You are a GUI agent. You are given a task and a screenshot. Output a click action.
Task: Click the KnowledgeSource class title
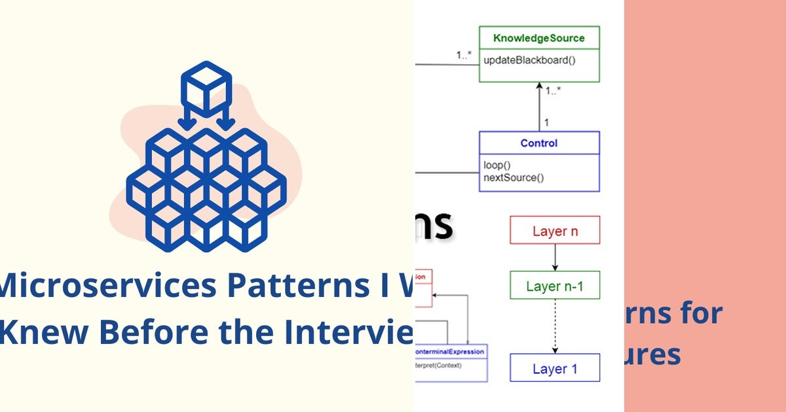tap(539, 38)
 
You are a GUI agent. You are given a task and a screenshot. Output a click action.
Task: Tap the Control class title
tap(539, 143)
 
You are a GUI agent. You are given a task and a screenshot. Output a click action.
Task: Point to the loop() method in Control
tap(497, 165)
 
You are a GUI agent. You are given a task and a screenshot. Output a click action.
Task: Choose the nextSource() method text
tap(514, 177)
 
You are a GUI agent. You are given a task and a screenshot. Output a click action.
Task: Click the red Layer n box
tap(555, 230)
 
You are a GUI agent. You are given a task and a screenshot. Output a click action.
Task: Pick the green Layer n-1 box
tap(555, 286)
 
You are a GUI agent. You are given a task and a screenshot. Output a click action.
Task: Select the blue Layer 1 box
tap(555, 368)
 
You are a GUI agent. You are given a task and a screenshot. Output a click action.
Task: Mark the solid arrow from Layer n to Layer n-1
tap(555, 258)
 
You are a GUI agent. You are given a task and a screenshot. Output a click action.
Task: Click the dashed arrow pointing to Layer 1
tap(555, 327)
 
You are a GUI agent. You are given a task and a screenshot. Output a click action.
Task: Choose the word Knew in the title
tap(33, 332)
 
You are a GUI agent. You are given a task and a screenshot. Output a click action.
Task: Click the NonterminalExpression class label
tap(451, 352)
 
